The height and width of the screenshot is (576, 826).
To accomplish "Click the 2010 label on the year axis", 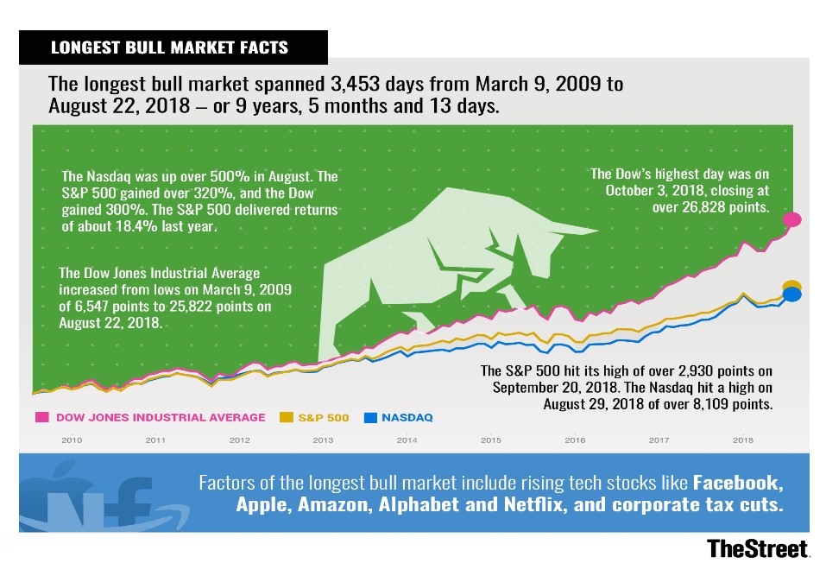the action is pos(72,440).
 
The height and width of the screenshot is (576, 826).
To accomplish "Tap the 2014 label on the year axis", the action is pos(407,440).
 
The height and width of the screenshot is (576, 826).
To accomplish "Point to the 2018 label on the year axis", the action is pos(743,440).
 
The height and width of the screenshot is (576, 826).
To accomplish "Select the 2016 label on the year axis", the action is pos(575,440).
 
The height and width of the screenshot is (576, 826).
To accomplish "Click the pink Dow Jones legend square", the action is pos(42,417).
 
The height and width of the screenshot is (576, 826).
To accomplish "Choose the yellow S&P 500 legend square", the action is pos(286,417).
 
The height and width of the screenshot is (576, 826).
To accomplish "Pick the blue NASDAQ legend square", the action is pos(370,417).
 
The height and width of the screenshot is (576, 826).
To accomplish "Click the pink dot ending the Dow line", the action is pos(791,219).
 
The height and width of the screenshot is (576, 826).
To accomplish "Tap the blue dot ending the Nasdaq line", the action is pos(792,294).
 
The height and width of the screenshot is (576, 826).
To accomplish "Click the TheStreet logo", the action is pos(758,549).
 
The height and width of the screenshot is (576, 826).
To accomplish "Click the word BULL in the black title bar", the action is pos(146,47).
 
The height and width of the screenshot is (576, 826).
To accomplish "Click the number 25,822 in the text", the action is pos(190,307).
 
